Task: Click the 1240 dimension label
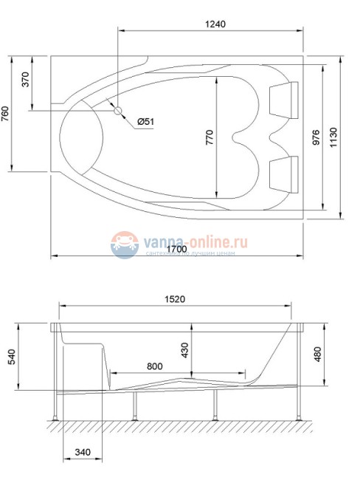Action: click(213, 24)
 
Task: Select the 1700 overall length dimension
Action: click(176, 249)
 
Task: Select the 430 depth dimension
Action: click(184, 349)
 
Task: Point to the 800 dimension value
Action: click(155, 366)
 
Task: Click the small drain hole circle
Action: click(117, 109)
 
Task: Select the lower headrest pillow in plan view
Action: click(283, 172)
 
